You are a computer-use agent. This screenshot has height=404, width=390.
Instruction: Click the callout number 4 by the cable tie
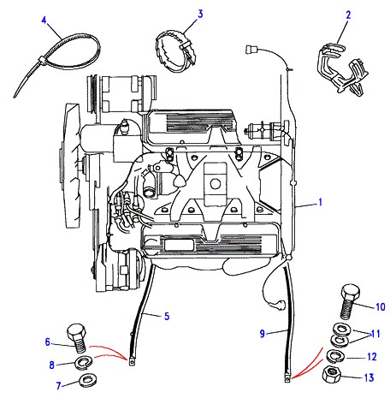click(x=44, y=21)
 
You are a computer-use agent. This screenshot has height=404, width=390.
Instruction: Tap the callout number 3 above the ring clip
click(x=200, y=14)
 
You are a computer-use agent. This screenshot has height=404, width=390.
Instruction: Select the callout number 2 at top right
click(x=348, y=15)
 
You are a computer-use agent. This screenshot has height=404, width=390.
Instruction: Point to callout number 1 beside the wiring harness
click(x=321, y=202)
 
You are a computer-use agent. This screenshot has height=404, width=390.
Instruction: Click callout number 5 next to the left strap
click(x=167, y=316)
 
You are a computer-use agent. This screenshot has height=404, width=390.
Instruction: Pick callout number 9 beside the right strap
click(x=263, y=334)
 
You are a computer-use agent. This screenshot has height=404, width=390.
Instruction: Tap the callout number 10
click(x=381, y=307)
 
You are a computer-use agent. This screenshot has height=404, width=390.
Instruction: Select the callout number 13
click(x=369, y=377)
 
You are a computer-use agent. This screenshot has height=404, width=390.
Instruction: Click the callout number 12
click(x=372, y=357)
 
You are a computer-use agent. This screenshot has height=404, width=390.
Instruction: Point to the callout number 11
click(x=375, y=334)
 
